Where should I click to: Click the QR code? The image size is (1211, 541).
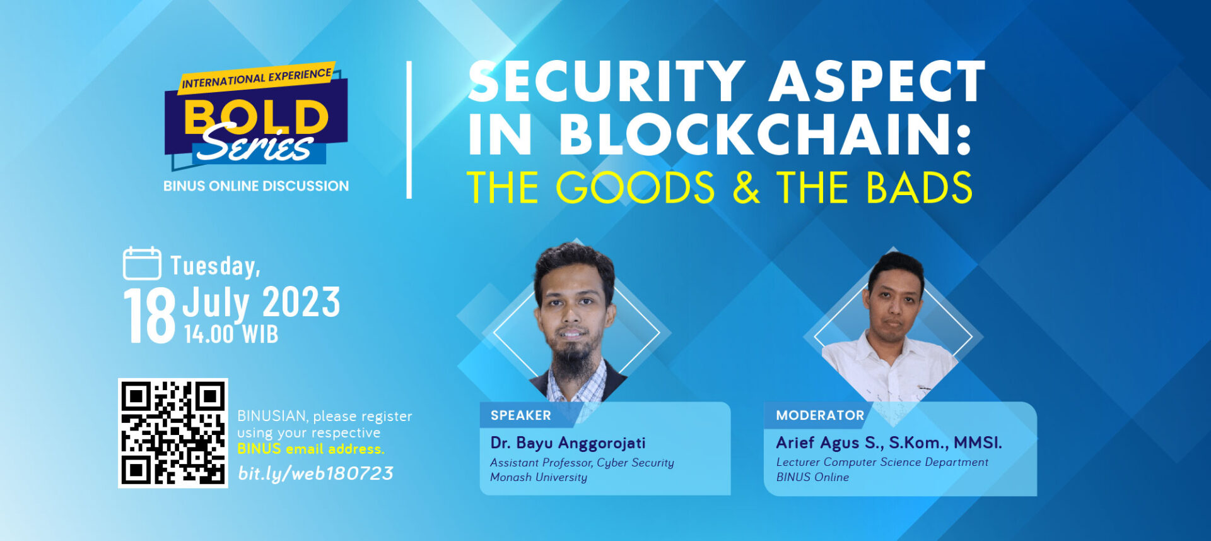(173, 433)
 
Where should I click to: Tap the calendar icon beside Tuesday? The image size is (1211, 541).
(142, 263)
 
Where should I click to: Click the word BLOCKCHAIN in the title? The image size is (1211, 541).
(764, 134)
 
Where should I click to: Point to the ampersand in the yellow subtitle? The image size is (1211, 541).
(746, 187)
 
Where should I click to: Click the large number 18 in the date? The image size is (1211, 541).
(149, 315)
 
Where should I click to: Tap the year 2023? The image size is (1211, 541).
(301, 302)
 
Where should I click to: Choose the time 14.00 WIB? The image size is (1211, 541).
(231, 334)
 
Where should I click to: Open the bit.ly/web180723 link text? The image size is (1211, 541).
(315, 473)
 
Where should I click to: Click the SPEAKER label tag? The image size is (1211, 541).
(521, 415)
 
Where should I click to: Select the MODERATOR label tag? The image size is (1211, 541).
(820, 415)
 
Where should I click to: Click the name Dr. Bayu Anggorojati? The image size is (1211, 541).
(568, 443)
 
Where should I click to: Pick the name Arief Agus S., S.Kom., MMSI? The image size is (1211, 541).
(889, 443)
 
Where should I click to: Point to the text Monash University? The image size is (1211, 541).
(539, 478)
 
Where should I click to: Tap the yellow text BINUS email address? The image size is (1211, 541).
(310, 449)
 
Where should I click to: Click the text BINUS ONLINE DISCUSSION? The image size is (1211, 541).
(256, 186)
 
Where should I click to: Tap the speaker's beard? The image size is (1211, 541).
(572, 360)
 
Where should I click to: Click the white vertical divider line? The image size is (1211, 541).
(409, 130)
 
